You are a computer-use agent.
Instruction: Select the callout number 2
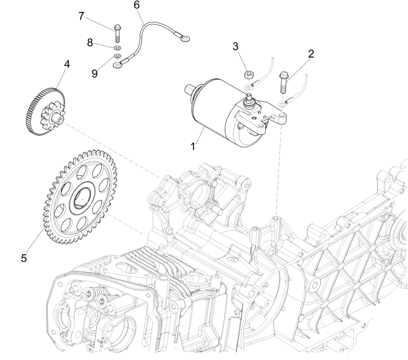tap(311, 53)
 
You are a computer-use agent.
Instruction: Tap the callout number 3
tap(235, 47)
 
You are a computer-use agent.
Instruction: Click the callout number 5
tap(24, 258)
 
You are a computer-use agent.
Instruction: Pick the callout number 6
tap(136, 5)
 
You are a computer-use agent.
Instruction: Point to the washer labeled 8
tap(118, 49)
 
